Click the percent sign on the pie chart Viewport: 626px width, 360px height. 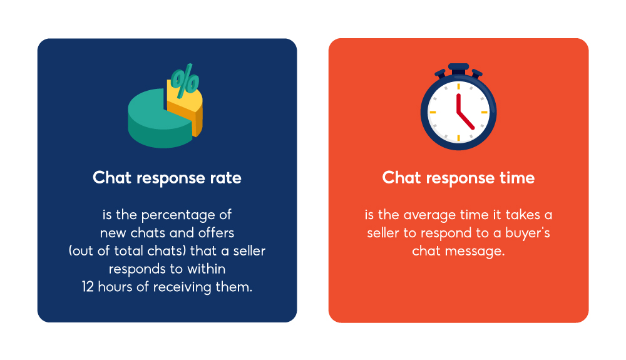[185, 83]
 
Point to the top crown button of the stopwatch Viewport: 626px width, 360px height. [458, 67]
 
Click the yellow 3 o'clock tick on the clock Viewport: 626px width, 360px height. [484, 112]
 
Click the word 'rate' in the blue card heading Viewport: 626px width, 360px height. [223, 178]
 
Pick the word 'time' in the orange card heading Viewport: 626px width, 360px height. [516, 178]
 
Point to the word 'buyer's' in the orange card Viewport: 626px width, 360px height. [528, 233]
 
